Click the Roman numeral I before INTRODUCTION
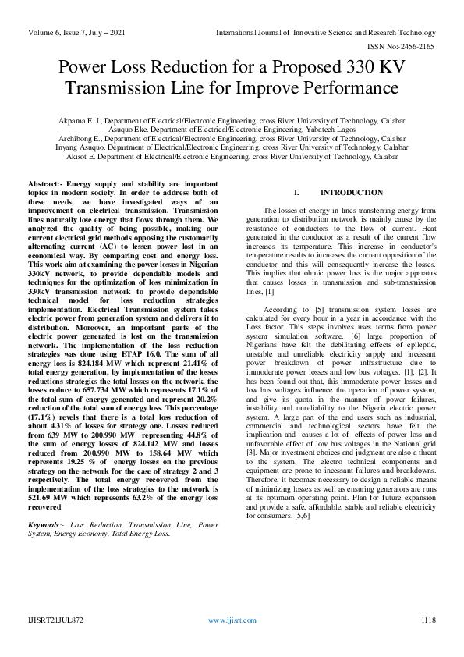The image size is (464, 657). pos(295,193)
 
